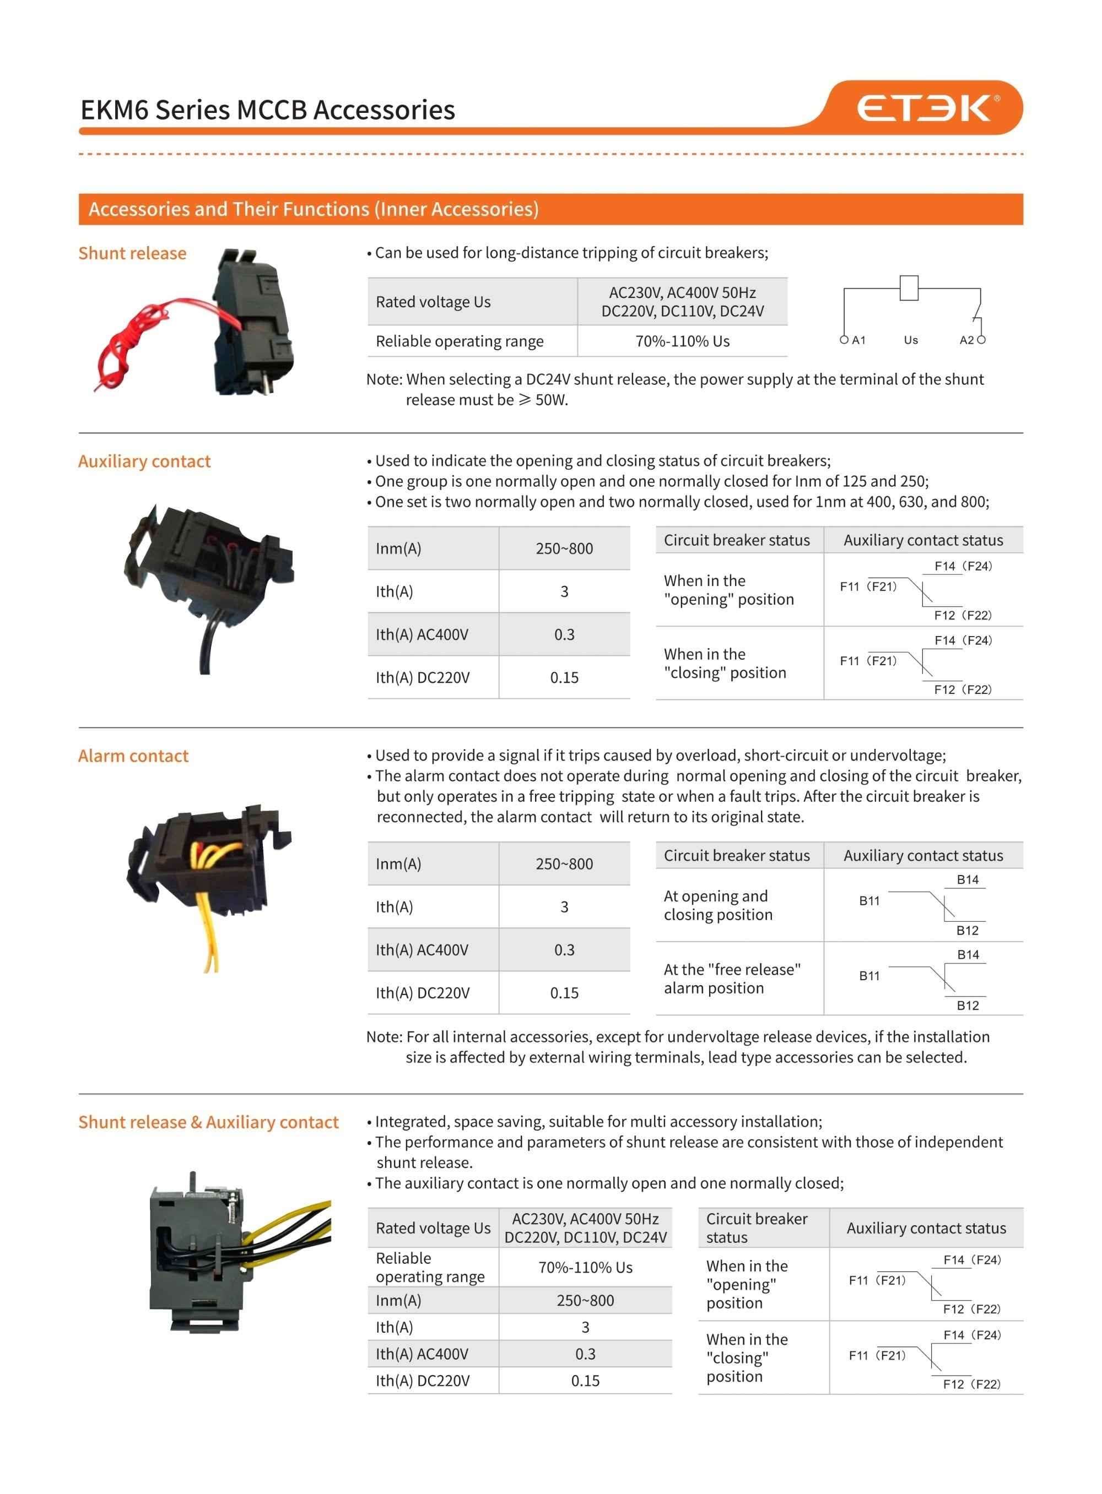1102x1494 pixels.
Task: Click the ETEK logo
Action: pos(927,108)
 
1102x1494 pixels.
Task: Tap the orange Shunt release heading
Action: pos(132,253)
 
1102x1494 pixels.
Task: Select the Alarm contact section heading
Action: pos(133,756)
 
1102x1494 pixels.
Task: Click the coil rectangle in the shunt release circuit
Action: pos(909,288)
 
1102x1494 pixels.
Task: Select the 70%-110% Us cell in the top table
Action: pos(682,341)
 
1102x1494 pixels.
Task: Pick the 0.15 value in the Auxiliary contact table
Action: pos(564,678)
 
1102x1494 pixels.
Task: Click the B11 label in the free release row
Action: pos(869,976)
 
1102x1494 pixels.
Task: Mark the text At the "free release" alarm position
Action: pos(731,979)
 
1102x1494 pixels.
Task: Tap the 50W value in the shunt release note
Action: pos(550,400)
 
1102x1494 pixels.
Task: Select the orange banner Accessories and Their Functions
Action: pos(314,209)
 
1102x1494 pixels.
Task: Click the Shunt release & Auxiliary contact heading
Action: pos(208,1123)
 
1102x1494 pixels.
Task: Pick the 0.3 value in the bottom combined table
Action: pos(585,1354)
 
